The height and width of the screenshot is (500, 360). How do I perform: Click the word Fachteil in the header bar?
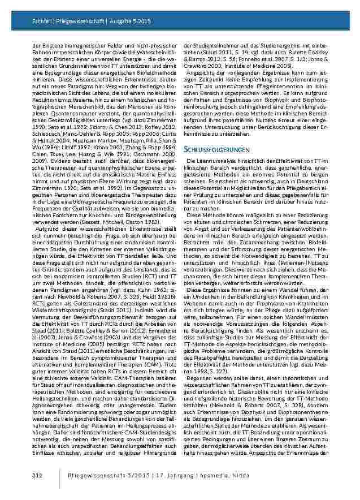40,21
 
